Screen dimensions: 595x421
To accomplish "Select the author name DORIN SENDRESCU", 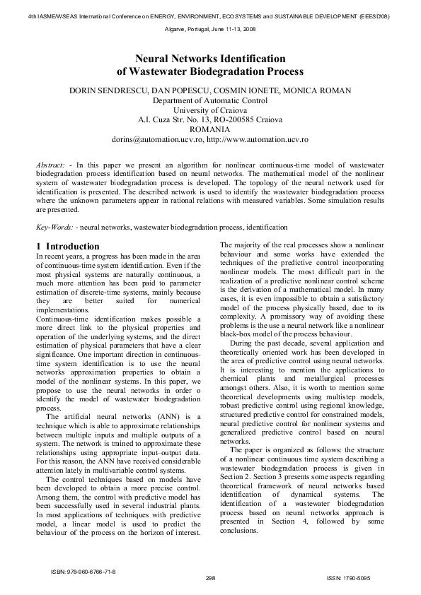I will tap(108, 91).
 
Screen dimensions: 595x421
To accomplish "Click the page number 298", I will tap(210, 577).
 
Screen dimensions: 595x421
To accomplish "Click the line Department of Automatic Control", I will tap(210, 101).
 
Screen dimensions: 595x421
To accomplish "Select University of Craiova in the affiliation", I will tap(210, 111).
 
